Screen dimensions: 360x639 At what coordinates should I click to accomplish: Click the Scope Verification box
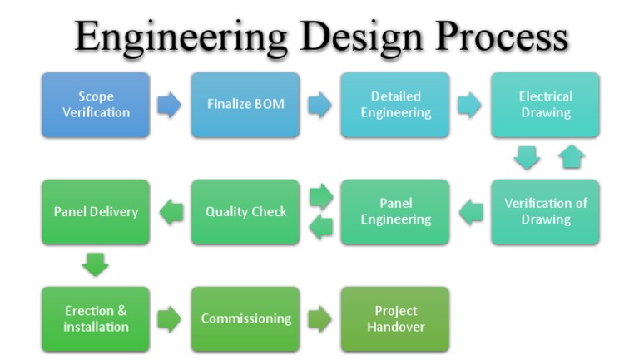(x=96, y=105)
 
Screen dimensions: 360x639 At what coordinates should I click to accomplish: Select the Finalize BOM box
(x=245, y=105)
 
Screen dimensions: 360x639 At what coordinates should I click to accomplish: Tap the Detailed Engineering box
(x=395, y=105)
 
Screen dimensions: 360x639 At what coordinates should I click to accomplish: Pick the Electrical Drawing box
(x=545, y=105)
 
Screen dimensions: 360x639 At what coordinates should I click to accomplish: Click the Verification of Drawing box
(x=545, y=212)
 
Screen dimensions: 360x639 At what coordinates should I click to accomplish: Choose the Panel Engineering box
(x=395, y=212)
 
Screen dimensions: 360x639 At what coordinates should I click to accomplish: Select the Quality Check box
(x=245, y=212)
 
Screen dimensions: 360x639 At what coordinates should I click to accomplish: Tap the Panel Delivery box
(x=96, y=212)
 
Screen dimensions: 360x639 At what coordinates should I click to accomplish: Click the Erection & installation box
(x=96, y=319)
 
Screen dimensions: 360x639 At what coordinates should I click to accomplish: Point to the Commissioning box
(x=245, y=319)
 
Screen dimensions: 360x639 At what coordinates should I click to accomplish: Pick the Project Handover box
(x=395, y=319)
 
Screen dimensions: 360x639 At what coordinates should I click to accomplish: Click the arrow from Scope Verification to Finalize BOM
(x=170, y=106)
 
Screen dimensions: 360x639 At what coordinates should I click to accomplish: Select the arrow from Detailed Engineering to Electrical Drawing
(x=469, y=106)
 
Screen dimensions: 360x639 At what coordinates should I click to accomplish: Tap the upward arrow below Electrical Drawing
(x=572, y=156)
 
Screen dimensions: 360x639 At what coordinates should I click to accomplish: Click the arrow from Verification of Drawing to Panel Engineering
(x=471, y=212)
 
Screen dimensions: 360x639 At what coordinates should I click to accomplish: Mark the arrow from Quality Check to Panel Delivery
(x=171, y=212)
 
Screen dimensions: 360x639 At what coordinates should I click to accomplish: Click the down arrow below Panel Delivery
(x=96, y=265)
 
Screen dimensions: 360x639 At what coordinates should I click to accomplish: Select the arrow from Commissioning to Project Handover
(x=319, y=319)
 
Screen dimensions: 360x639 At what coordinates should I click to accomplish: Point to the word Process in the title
(x=498, y=38)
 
